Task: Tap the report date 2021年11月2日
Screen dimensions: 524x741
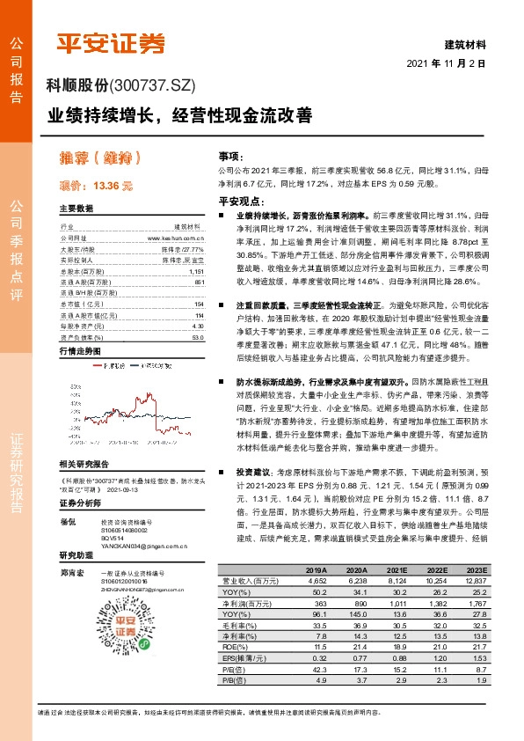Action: [x=447, y=64]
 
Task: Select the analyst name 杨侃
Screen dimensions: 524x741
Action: [x=66, y=522]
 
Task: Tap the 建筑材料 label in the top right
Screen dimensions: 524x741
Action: [x=467, y=42]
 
